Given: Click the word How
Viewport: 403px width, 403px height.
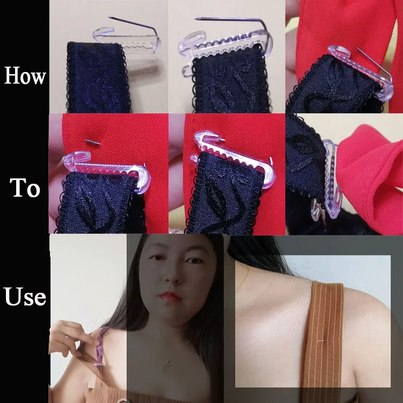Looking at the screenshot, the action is tap(25, 76).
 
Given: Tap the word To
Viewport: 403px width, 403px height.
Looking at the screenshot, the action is tap(25, 188).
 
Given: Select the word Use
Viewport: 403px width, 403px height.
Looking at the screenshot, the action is tap(25, 296).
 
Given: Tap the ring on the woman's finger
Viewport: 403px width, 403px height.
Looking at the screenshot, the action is tap(66, 339).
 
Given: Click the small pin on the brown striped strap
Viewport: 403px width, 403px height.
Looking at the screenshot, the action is tap(321, 341).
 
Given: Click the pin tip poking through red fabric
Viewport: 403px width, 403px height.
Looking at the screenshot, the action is tap(92, 142).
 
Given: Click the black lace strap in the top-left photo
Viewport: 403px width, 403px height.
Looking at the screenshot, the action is tap(99, 77).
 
